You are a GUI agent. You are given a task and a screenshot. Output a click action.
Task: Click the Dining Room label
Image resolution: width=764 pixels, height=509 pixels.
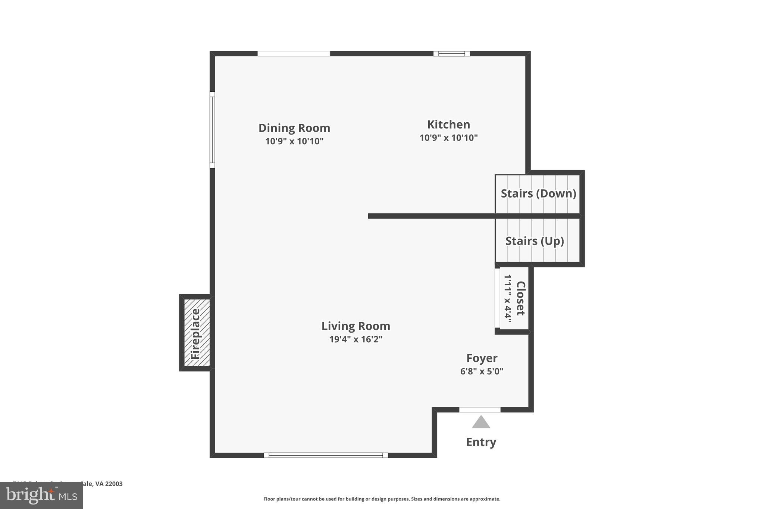pyautogui.click(x=294, y=128)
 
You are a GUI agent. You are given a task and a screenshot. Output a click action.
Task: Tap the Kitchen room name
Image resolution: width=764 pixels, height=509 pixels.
pyautogui.click(x=448, y=124)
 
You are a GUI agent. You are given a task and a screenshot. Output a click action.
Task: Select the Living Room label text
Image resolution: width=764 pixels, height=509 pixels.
pyautogui.click(x=356, y=326)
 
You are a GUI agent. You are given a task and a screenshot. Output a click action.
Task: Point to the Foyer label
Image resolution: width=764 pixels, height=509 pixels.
pyautogui.click(x=482, y=358)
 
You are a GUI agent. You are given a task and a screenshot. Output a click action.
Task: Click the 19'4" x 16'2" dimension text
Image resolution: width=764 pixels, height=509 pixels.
pyautogui.click(x=356, y=339)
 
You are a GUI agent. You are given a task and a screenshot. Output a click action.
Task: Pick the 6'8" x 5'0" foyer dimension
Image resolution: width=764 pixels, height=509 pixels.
pyautogui.click(x=482, y=371)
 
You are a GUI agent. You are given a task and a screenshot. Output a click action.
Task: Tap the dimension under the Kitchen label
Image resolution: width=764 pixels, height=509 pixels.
pyautogui.click(x=448, y=138)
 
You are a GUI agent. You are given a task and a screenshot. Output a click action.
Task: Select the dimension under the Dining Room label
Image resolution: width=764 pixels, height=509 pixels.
pyautogui.click(x=294, y=141)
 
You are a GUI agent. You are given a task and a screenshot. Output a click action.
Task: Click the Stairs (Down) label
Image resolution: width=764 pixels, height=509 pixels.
pyautogui.click(x=538, y=194)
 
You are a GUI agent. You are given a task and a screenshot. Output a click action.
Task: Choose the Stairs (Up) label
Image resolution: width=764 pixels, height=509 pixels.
pyautogui.click(x=534, y=241)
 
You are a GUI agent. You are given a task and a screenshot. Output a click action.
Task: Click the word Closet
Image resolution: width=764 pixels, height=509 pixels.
pyautogui.click(x=520, y=298)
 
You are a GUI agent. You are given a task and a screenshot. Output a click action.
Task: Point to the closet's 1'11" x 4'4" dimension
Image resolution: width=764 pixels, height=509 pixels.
pyautogui.click(x=508, y=298)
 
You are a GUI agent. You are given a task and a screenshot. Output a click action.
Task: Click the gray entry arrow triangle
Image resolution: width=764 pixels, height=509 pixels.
pyautogui.click(x=481, y=422)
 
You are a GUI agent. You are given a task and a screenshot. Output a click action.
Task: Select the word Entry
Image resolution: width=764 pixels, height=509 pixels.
pyautogui.click(x=481, y=442)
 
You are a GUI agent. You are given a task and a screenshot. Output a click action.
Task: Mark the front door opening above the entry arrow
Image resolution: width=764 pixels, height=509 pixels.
pyautogui.click(x=480, y=410)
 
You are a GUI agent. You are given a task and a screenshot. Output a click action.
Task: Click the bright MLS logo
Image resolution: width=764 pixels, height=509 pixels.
pyautogui.click(x=41, y=495)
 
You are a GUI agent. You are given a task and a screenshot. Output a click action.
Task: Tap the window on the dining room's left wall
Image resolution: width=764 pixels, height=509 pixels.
pyautogui.click(x=212, y=130)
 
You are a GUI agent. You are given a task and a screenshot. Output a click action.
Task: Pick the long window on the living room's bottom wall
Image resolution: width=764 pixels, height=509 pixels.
pyautogui.click(x=326, y=455)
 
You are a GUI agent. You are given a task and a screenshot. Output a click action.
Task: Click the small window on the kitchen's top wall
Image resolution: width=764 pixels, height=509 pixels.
pyautogui.click(x=451, y=54)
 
